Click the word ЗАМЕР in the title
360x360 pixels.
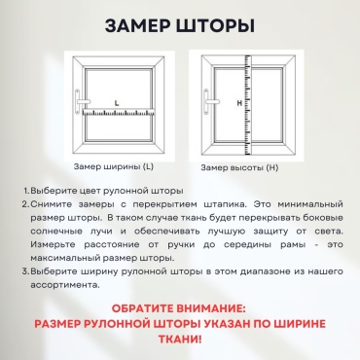138,26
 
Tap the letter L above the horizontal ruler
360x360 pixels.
117,103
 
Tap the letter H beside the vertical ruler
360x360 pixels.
239,103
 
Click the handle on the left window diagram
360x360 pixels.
79,101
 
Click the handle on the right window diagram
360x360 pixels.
208,101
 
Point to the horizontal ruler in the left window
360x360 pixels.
119,112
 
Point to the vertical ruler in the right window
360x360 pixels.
247,104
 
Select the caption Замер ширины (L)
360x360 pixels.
114,166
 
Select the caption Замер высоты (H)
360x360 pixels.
239,167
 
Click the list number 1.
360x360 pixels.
26,191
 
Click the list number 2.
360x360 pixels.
26,204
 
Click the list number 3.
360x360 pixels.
26,271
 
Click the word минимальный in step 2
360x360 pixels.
310,204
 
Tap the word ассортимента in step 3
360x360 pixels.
65,285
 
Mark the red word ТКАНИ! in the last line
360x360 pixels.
180,340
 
